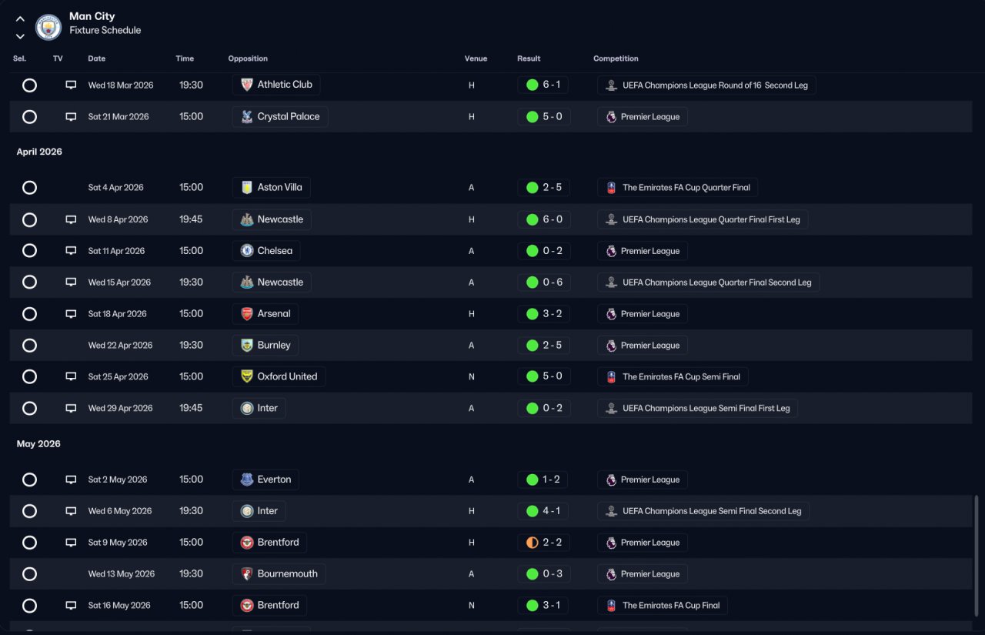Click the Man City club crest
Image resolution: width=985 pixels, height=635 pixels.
click(48, 27)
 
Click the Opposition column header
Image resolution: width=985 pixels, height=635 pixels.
click(248, 58)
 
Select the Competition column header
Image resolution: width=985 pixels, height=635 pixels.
click(616, 58)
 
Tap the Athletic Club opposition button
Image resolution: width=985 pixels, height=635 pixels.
click(276, 85)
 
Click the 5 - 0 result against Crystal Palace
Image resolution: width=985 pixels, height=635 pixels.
click(553, 116)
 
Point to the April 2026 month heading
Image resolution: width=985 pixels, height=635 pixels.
click(39, 152)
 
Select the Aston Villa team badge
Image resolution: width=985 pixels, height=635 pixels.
click(247, 187)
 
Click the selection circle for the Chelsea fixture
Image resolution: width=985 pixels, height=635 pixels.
click(29, 251)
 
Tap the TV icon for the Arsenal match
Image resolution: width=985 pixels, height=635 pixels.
click(71, 314)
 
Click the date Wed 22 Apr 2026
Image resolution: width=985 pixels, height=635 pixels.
click(120, 345)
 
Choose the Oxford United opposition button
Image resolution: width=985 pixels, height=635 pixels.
click(279, 376)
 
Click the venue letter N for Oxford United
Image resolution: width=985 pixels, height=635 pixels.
click(472, 377)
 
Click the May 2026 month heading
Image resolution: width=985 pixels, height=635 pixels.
click(38, 443)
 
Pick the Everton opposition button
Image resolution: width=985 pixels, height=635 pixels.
click(265, 480)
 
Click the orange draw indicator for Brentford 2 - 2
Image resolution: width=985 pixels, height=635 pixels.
click(532, 543)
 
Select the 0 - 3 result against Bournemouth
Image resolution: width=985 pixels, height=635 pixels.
click(553, 574)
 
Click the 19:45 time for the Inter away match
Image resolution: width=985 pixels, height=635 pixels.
click(191, 408)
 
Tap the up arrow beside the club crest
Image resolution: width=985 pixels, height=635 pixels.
click(20, 19)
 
